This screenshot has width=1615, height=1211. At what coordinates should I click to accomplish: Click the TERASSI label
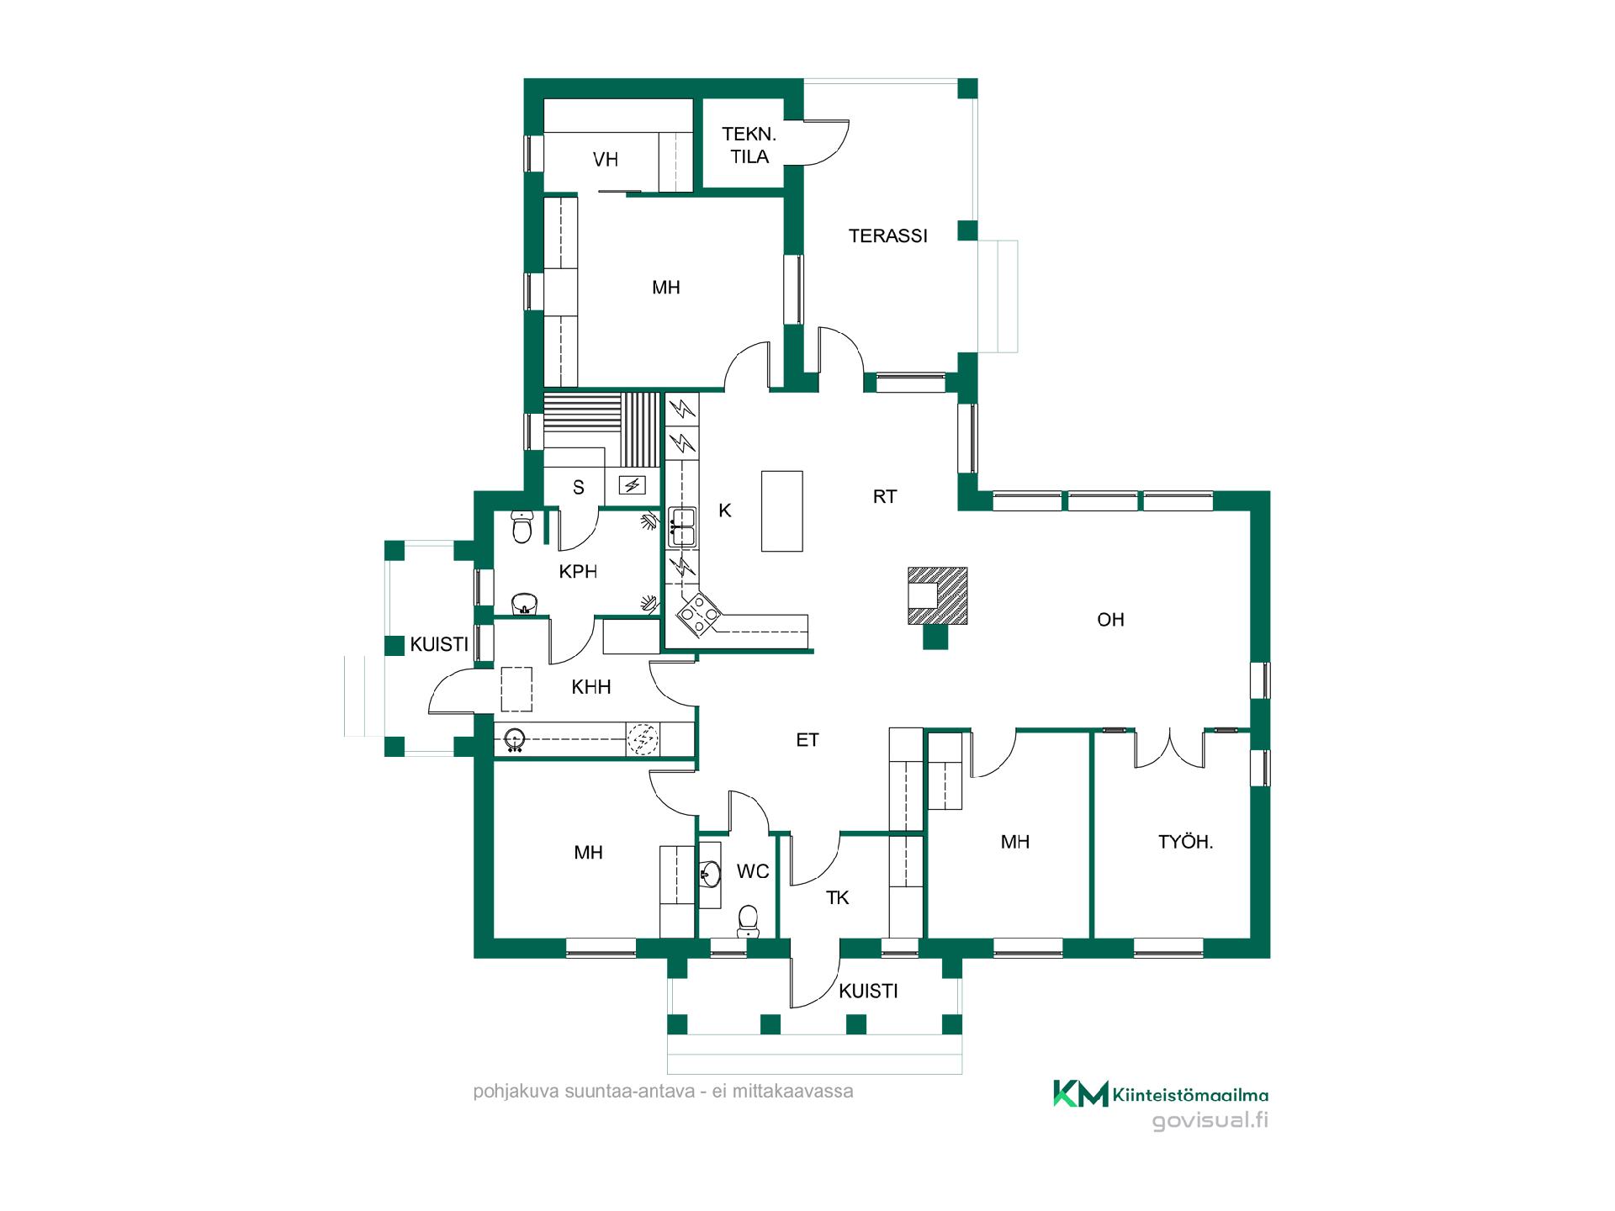click(887, 236)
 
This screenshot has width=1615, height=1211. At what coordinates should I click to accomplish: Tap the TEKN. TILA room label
click(749, 145)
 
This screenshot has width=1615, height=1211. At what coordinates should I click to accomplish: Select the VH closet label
click(606, 160)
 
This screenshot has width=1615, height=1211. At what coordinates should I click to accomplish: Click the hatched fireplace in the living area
click(937, 595)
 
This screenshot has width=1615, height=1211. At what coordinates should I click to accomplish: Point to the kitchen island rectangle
click(781, 511)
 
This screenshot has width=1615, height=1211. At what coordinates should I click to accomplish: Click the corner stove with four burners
click(699, 614)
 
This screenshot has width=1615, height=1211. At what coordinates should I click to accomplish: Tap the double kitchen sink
click(682, 527)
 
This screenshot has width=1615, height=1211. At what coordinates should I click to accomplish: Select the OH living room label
click(1110, 620)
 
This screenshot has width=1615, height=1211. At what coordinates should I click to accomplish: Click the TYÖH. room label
click(1185, 842)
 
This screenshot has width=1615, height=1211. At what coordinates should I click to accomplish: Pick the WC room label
click(753, 872)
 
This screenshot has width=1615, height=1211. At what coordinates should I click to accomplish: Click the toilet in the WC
click(747, 922)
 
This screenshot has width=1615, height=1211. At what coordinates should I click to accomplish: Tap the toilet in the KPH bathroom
click(522, 527)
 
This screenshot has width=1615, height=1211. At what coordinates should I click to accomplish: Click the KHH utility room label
click(590, 687)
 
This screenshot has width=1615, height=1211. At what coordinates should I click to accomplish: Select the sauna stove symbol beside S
click(633, 485)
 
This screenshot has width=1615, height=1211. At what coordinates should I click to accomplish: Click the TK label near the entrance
click(837, 898)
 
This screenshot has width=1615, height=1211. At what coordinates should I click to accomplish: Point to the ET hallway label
click(807, 740)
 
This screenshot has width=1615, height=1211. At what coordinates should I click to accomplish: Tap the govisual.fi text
click(1210, 1121)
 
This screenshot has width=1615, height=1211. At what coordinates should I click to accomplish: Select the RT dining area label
click(885, 497)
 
